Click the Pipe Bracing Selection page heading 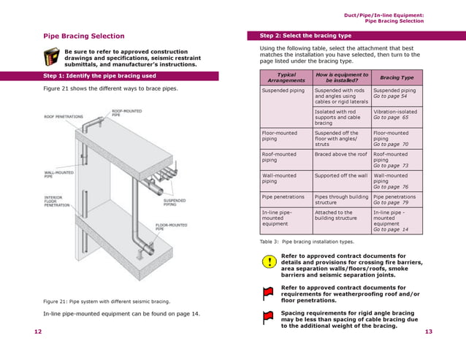[84, 36]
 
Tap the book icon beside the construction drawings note [51, 56]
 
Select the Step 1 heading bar [99, 75]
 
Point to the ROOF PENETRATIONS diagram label [64, 116]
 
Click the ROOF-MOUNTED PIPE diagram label [126, 113]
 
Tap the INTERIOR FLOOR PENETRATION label [58, 201]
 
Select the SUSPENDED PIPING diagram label [175, 201]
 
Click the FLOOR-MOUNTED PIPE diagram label [169, 226]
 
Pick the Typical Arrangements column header [286, 77]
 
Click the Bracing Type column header [397, 77]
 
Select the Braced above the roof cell [340, 155]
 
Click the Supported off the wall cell [340, 176]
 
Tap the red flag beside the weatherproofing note [268, 293]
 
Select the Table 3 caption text [307, 241]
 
